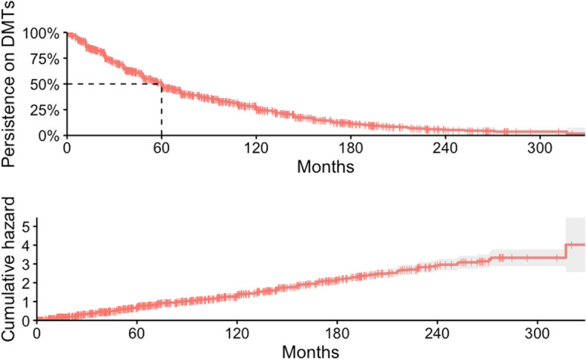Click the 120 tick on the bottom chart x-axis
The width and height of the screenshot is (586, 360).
point(236,332)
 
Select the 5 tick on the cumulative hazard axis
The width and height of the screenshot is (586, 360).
point(27,225)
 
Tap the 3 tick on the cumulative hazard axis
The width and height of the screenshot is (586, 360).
point(27,263)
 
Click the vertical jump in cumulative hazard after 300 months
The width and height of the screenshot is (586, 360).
point(566,251)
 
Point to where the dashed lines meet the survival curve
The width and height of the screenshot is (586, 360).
point(162,84)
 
